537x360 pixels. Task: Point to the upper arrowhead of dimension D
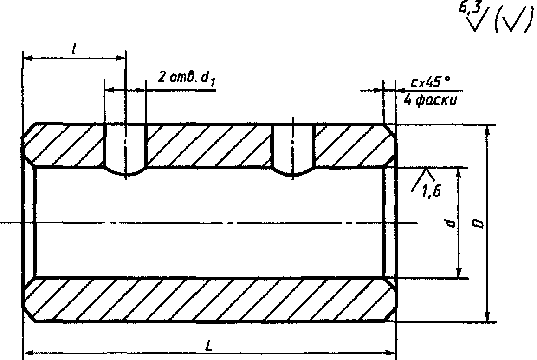[487, 130]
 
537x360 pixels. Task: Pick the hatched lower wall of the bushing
[209, 300]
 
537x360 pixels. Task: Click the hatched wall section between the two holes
[209, 145]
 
